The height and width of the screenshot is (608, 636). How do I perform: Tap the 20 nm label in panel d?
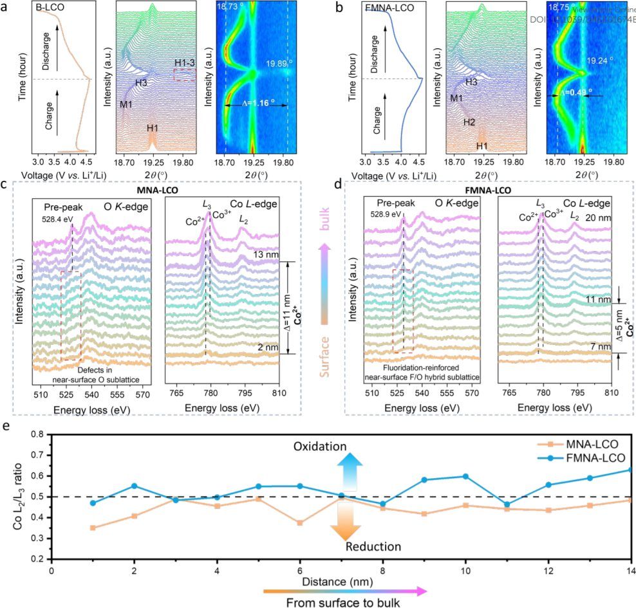594,218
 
